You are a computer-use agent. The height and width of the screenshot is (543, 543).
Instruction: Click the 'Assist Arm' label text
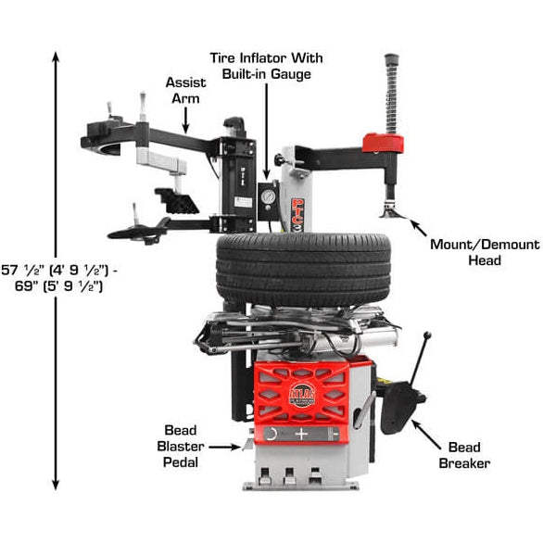pyautogui.click(x=185, y=90)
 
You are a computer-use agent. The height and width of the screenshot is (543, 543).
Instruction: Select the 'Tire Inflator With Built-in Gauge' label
pyautogui.click(x=268, y=65)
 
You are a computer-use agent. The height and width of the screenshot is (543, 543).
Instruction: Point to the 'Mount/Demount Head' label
pyautogui.click(x=484, y=252)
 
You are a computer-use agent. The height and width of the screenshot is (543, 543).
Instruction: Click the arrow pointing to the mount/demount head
pyautogui.click(x=417, y=224)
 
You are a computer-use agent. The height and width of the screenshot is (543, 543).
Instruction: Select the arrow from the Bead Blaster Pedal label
pyautogui.click(x=232, y=446)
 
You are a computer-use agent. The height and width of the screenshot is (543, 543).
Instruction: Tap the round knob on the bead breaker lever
pyautogui.click(x=427, y=335)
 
